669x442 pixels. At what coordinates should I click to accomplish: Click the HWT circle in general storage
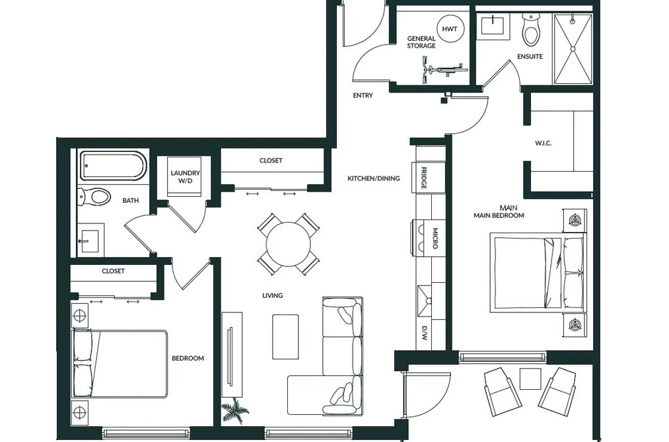pos(449,29)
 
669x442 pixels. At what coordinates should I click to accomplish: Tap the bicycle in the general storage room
pos(442,71)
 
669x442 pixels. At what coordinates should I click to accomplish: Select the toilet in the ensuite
pos(531,30)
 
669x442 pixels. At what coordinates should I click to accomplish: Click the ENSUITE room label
pos(530,56)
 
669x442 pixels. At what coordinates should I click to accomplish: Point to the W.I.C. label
pos(543,143)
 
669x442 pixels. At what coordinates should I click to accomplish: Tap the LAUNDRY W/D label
pos(185,176)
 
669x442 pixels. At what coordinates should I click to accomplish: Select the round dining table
pos(289,244)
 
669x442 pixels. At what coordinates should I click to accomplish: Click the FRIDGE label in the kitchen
pos(424,178)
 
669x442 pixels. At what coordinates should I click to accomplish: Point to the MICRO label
pos(435,238)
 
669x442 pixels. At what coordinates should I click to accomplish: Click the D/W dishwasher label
pos(425,334)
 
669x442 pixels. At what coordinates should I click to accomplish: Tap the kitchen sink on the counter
pos(425,301)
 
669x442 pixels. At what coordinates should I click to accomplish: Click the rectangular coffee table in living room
pos(285,336)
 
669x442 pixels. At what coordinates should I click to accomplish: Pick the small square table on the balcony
pos(531,379)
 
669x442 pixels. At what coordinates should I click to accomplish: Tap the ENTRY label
pos(363,96)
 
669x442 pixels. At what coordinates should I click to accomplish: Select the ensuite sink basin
pos(493,25)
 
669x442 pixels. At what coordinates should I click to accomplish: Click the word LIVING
pos(272,295)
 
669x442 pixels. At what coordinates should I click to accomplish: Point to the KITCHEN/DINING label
pos(374,178)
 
